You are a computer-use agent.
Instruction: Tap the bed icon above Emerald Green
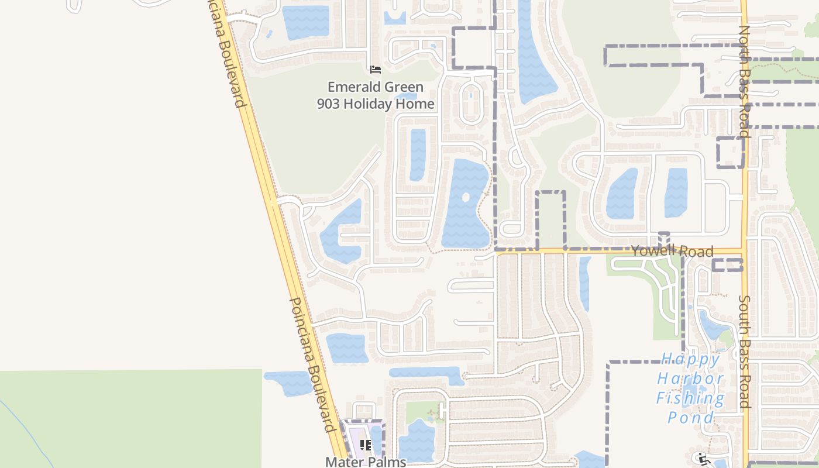[x=376, y=70]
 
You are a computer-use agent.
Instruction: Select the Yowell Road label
[x=672, y=251]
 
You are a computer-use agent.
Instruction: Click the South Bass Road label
[x=744, y=351]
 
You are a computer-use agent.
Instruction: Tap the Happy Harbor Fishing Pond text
[x=690, y=388]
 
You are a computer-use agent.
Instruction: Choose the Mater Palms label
[x=366, y=462]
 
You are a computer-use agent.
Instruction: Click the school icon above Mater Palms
[x=366, y=445]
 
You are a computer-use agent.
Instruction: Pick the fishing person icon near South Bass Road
[x=703, y=458]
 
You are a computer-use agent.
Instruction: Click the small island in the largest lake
[x=466, y=197]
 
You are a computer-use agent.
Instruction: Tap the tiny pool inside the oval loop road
[x=470, y=95]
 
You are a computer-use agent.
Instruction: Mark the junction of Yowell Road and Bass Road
[x=744, y=252]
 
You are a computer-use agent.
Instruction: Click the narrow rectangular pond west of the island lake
[x=417, y=155]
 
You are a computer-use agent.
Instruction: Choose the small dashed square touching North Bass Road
[x=731, y=153]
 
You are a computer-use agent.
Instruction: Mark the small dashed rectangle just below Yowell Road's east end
[x=727, y=265]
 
